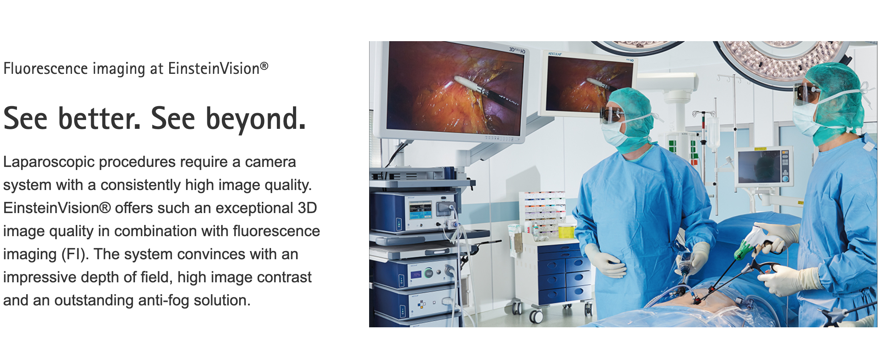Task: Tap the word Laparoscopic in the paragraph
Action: click(x=49, y=162)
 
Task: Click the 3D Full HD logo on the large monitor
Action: click(x=517, y=50)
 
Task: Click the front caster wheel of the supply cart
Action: click(x=536, y=316)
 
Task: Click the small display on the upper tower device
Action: click(x=420, y=211)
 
